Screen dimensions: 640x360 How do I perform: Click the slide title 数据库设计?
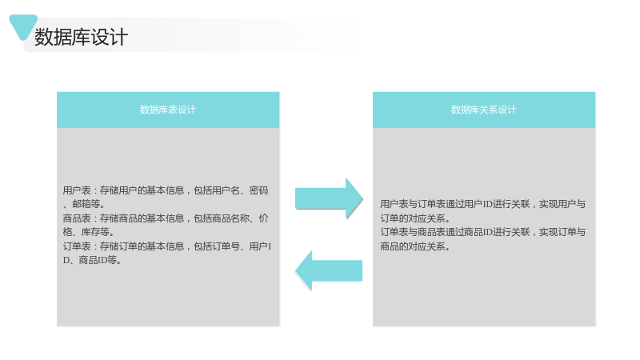pos(82,37)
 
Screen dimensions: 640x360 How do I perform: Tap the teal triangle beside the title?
pos(23,26)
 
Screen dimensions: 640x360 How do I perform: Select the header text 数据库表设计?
pos(168,110)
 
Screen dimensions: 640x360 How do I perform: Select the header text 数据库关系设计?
pos(484,110)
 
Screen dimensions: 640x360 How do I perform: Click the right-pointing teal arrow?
pos(329,198)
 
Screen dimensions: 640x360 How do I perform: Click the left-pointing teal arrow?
pos(329,270)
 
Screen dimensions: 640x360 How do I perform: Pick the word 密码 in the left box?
pos(258,190)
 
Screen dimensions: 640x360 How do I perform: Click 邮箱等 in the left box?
pos(86,204)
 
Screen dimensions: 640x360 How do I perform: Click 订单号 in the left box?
pos(226,246)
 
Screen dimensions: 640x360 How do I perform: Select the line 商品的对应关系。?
pos(415,246)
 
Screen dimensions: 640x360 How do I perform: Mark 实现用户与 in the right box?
pos(562,204)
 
